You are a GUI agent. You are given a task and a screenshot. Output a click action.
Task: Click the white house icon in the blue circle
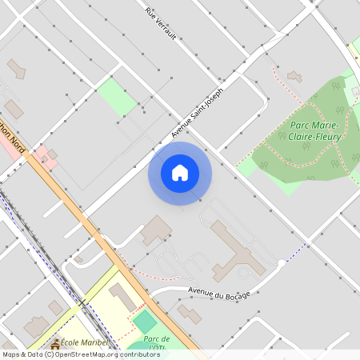[179, 173]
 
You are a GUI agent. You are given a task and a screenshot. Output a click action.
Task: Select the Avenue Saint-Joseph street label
[197, 111]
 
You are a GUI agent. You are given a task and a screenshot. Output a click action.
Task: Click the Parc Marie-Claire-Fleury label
[315, 131]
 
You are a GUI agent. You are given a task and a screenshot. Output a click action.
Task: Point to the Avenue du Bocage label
[219, 293]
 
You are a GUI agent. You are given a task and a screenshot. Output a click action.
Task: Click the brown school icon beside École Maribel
[55, 343]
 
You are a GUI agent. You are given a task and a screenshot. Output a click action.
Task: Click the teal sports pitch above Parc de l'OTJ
[145, 322]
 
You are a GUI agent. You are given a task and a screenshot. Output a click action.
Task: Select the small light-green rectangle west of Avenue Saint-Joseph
[117, 97]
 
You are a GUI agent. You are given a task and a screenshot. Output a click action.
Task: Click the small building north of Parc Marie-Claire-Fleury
[294, 77]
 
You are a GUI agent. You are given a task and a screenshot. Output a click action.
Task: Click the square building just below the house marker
[156, 229]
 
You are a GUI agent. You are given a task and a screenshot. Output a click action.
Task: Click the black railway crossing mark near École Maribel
[82, 302]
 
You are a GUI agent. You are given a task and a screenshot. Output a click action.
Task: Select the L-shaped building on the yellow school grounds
[123, 295]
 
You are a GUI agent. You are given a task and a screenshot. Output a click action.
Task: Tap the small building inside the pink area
[52, 154]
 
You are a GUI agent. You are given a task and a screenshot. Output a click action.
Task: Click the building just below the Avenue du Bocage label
[190, 313]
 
